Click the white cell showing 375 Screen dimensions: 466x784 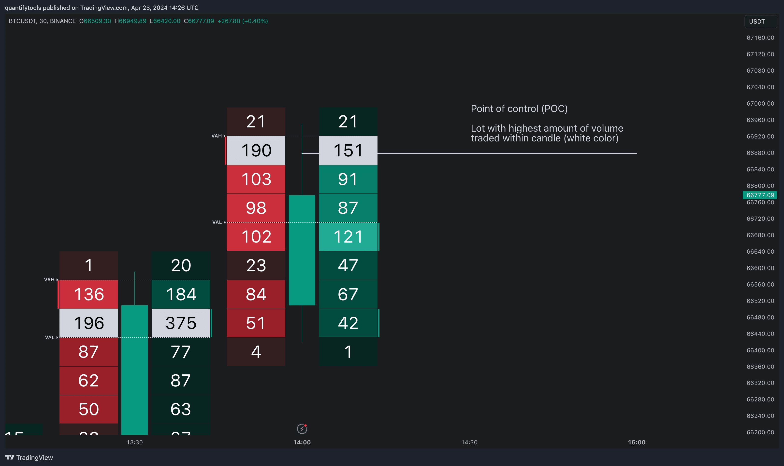(x=181, y=323)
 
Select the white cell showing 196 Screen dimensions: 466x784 (x=89, y=323)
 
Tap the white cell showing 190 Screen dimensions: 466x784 (x=256, y=151)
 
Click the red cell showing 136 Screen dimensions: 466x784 (x=89, y=294)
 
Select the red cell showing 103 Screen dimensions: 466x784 (x=256, y=179)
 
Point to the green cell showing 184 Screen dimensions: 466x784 (x=181, y=294)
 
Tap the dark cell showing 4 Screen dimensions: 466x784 (x=256, y=352)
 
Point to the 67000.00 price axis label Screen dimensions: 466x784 (x=760, y=104)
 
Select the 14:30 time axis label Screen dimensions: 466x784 (x=469, y=442)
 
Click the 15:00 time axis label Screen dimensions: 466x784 (x=636, y=442)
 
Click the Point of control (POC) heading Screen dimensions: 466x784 (x=519, y=109)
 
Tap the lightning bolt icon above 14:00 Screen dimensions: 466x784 (x=302, y=429)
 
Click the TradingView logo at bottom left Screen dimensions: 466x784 (x=29, y=457)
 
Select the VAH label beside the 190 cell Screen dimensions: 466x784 (x=217, y=136)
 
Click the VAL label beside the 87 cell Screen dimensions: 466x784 (x=50, y=337)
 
